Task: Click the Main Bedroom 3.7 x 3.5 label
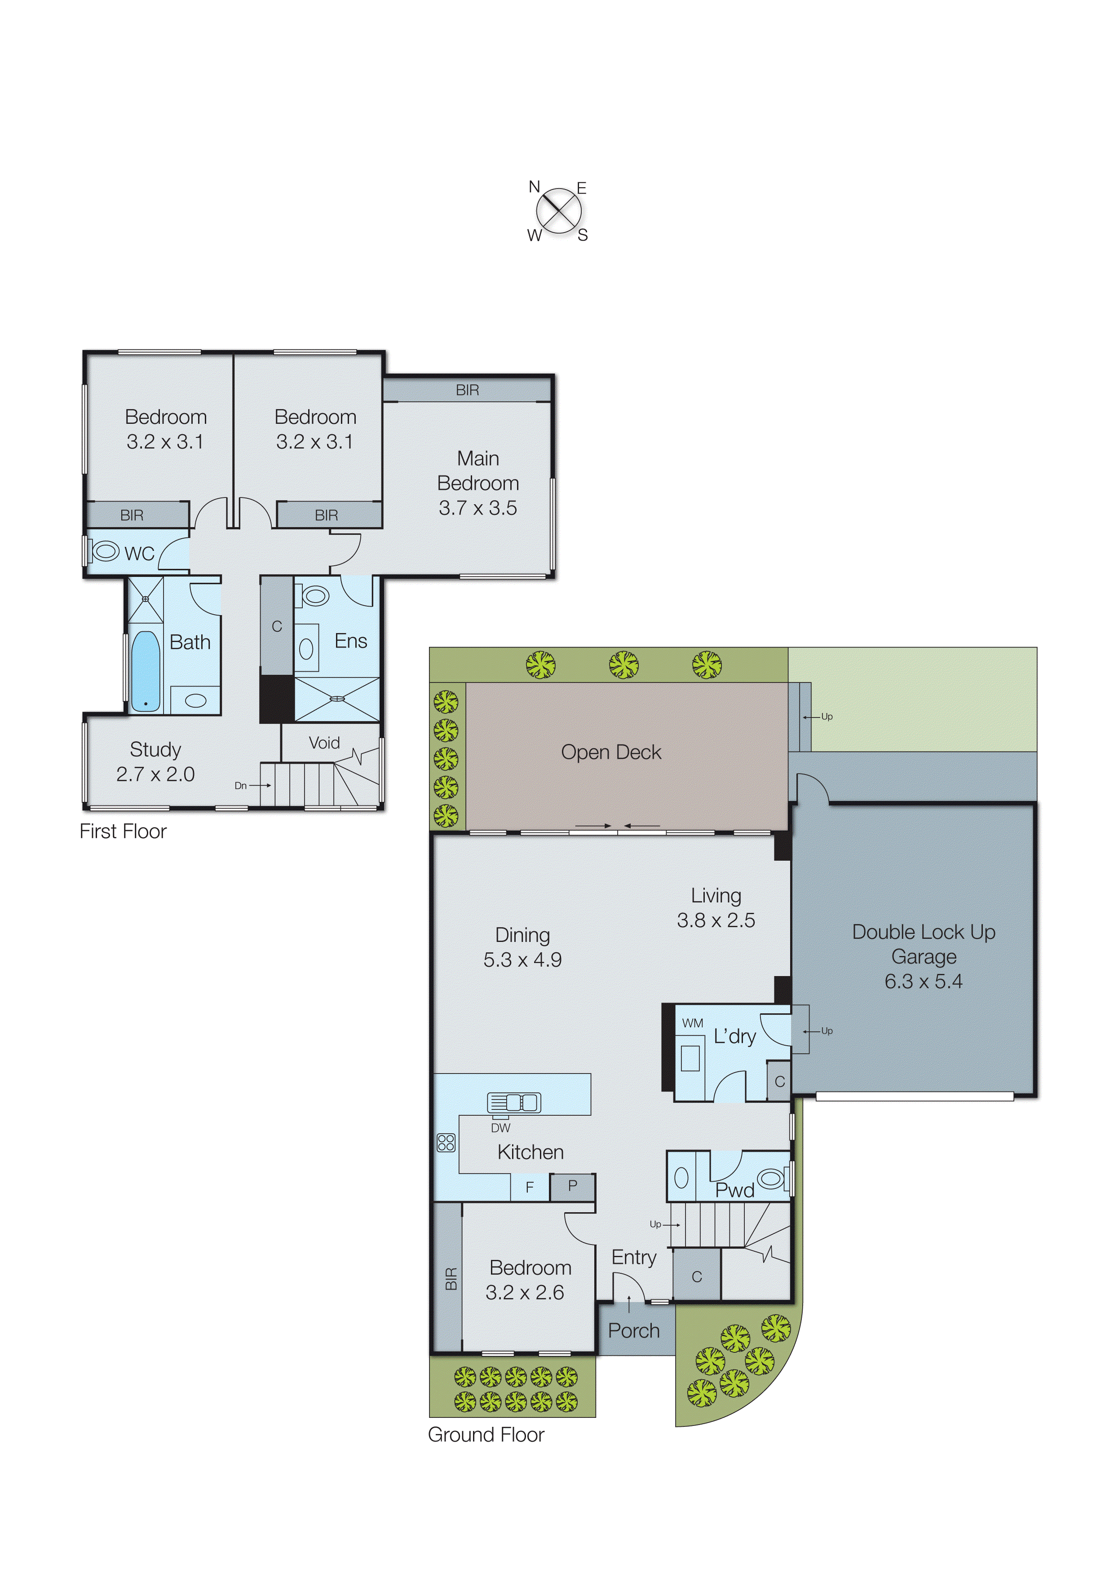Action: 478,483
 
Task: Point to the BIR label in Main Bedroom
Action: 468,390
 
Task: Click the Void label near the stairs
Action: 324,743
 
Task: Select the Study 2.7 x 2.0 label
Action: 156,761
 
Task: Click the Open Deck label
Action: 611,752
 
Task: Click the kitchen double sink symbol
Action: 514,1102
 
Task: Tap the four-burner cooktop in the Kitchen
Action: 446,1143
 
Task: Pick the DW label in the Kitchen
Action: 500,1128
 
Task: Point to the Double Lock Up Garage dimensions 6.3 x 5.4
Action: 923,981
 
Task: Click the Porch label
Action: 633,1331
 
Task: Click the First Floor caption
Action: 123,831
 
